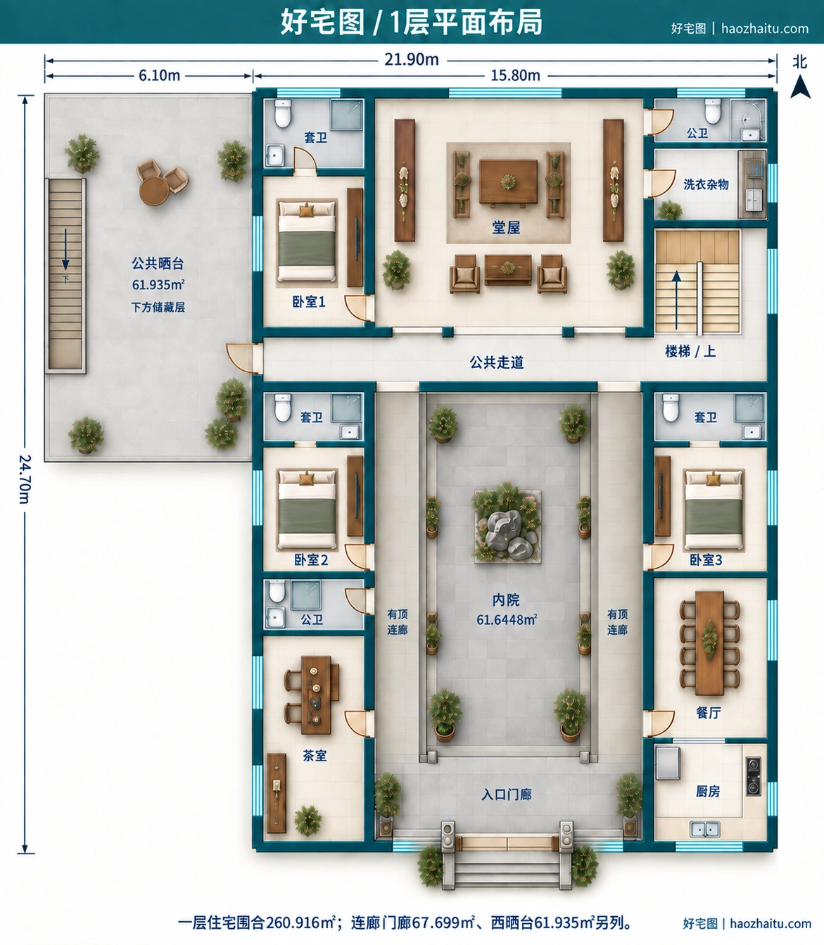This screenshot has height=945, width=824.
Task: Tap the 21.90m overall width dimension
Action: click(412, 60)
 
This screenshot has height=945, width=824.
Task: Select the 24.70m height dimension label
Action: click(25, 479)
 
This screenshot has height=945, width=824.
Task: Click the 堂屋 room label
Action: click(506, 227)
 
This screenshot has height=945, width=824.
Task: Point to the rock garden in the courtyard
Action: click(507, 527)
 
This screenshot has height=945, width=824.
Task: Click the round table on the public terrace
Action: click(154, 191)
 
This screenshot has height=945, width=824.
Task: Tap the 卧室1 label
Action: click(308, 302)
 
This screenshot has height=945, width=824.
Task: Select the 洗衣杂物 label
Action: click(706, 184)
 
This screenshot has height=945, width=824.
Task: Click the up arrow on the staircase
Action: click(676, 300)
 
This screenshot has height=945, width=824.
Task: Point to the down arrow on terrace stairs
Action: click(65, 249)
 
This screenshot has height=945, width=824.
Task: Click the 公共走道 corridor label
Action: click(497, 362)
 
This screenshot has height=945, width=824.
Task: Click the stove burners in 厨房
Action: click(754, 776)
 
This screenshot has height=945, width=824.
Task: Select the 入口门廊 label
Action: click(506, 794)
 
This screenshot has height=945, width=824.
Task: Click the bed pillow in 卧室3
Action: click(713, 480)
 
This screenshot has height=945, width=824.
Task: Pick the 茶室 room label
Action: click(315, 756)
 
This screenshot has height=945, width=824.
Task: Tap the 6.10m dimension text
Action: click(159, 75)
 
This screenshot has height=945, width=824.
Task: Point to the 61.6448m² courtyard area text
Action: click(506, 619)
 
